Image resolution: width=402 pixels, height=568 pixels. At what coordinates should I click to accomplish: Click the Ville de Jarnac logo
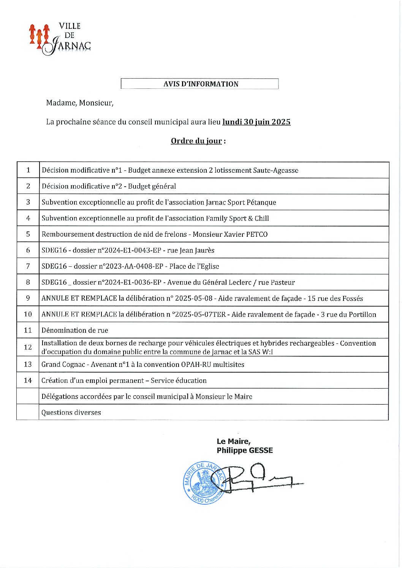(x=60, y=39)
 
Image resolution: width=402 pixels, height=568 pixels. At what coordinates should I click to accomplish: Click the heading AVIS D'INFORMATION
(x=201, y=84)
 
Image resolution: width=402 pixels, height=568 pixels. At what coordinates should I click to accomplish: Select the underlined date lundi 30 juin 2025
(x=256, y=122)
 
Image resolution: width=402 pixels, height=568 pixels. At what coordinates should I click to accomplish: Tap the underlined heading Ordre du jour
(x=196, y=141)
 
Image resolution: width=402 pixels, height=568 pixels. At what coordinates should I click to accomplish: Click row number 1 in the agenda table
(x=28, y=170)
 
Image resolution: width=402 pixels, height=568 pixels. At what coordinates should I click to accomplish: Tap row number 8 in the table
(x=28, y=282)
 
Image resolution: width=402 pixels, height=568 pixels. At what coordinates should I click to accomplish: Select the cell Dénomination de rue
(x=74, y=330)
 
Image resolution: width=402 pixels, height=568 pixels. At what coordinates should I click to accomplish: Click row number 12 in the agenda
(x=28, y=347)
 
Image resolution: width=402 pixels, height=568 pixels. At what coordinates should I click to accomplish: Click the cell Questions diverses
(x=71, y=412)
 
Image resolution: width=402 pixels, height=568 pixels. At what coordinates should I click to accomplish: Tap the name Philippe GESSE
(x=245, y=450)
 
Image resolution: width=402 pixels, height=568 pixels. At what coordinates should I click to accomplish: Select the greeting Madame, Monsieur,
(x=79, y=103)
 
